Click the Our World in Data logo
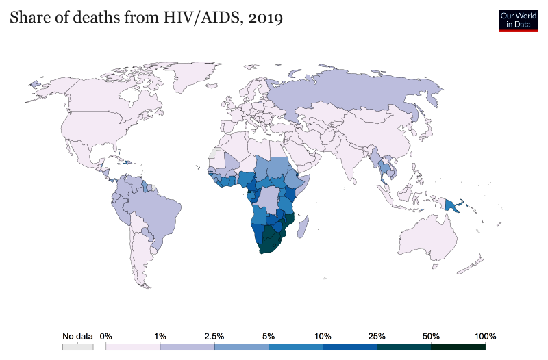click(518, 20)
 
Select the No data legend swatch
click(77, 347)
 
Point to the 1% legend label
click(160, 337)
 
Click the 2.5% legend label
click(214, 337)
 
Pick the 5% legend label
click(269, 337)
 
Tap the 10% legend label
click(323, 337)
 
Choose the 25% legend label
click(377, 337)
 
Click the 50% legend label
click(431, 337)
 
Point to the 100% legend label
click(485, 337)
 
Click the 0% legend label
click(105, 337)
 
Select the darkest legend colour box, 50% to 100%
click(458, 347)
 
